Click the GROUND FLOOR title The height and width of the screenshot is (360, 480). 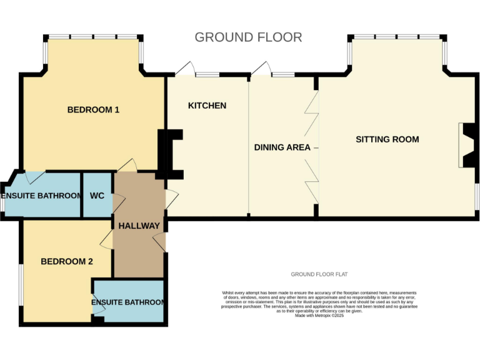pyautogui.click(x=248, y=37)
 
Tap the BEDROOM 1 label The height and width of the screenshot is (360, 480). pyautogui.click(x=93, y=110)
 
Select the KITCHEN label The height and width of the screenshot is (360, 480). pyautogui.click(x=207, y=106)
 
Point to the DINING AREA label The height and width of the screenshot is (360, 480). pyautogui.click(x=282, y=147)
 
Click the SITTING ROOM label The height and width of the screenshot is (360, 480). pyautogui.click(x=387, y=139)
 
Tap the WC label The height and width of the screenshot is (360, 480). pyautogui.click(x=97, y=196)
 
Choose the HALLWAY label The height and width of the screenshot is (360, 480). pyautogui.click(x=139, y=226)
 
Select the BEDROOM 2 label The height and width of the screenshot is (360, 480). pyautogui.click(x=67, y=261)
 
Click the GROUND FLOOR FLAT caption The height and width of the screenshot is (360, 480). pyautogui.click(x=319, y=274)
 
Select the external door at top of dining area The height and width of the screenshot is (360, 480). pyautogui.click(x=261, y=69)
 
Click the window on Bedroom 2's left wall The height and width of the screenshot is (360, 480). pyautogui.click(x=21, y=284)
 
